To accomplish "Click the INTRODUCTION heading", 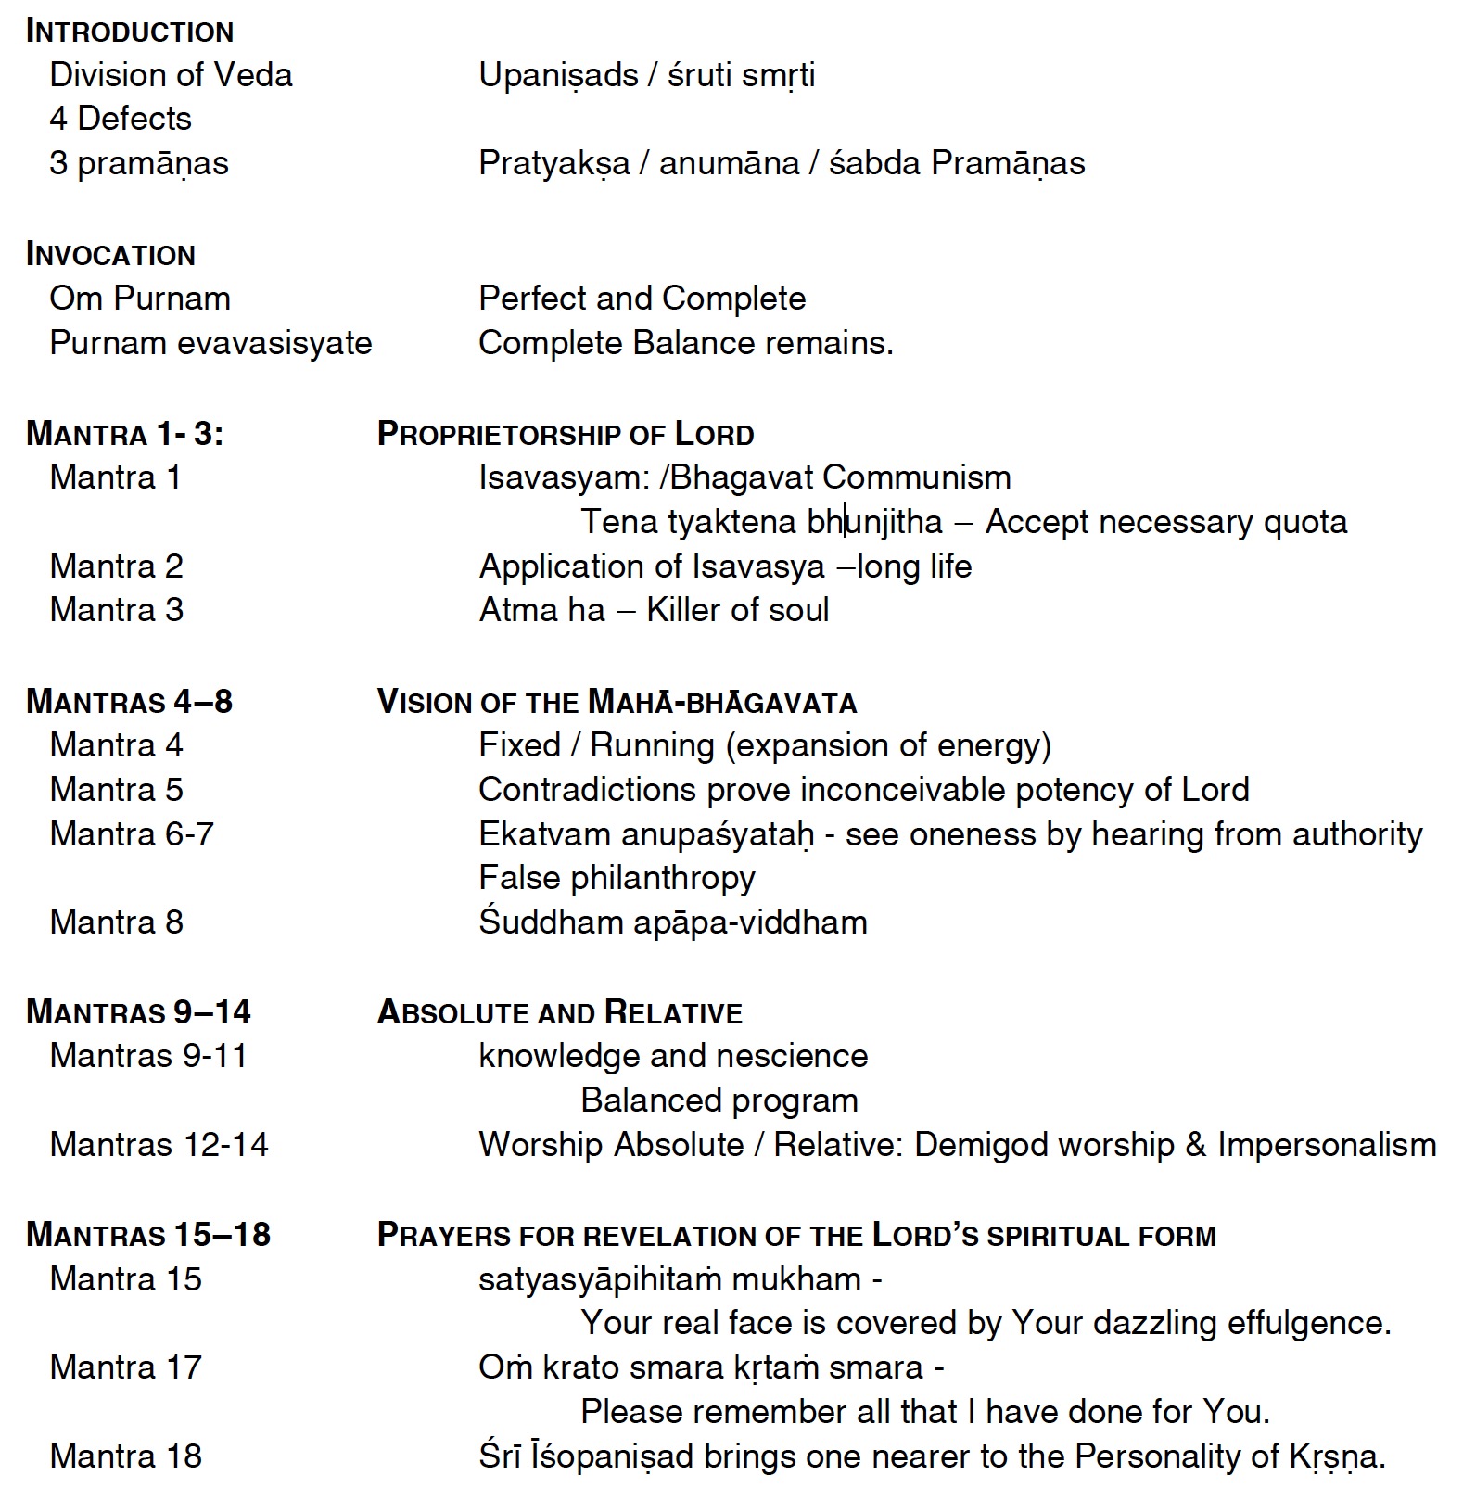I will [x=130, y=32].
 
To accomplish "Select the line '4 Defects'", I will [x=121, y=119].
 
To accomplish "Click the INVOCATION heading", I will [x=110, y=255].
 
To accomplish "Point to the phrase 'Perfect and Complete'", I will [x=642, y=299].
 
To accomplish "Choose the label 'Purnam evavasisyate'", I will [x=210, y=343].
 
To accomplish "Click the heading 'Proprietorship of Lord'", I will [x=566, y=434].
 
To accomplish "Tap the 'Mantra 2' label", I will [x=116, y=566].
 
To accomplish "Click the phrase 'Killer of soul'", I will [x=737, y=610].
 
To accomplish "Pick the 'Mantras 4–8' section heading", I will [x=129, y=702].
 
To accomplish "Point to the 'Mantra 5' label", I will [x=116, y=790].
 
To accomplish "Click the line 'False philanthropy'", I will [x=617, y=878].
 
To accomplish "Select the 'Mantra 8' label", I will [x=116, y=922].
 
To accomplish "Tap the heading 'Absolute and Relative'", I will [x=560, y=1012].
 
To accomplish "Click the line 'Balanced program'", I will [x=719, y=1100].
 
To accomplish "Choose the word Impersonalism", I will [x=1327, y=1145].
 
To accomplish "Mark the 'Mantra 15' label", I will [x=125, y=1279].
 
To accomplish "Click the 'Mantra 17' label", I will [x=125, y=1367].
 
